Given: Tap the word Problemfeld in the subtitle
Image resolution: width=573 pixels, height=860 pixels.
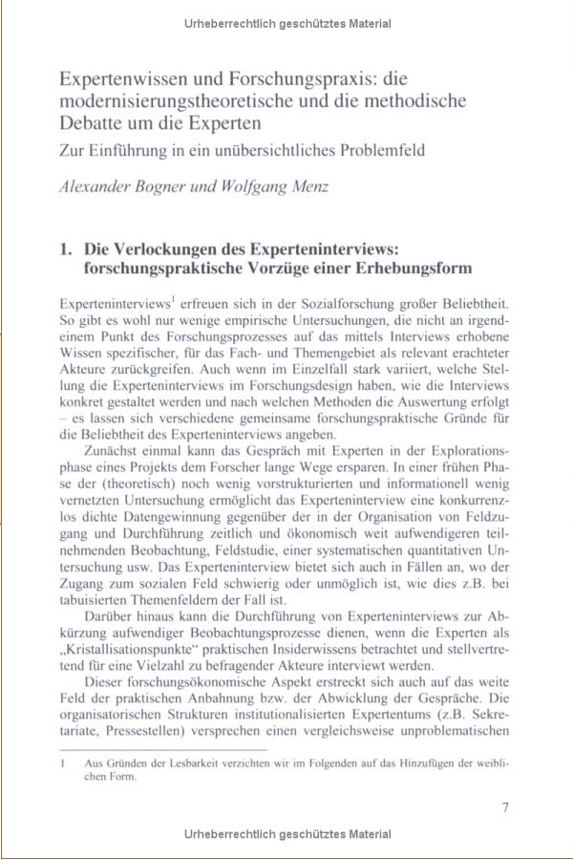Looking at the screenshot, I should (374, 150).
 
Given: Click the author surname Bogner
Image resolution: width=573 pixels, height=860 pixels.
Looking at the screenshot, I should (159, 185).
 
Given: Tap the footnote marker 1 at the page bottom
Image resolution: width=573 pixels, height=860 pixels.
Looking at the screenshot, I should (61, 764).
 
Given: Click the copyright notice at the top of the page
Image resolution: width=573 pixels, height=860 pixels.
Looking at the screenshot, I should (286, 20).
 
